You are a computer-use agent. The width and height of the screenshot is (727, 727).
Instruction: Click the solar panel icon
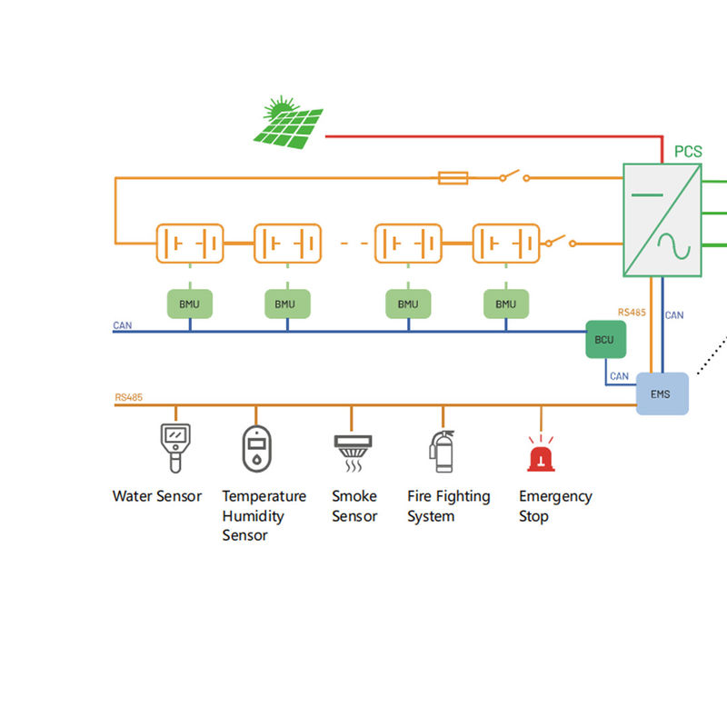pyautogui.click(x=290, y=124)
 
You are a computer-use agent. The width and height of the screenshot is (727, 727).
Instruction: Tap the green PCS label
pyautogui.click(x=688, y=151)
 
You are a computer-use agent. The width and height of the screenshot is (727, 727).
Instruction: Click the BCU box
pyautogui.click(x=604, y=340)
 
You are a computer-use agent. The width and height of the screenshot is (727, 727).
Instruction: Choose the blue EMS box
pyautogui.click(x=662, y=393)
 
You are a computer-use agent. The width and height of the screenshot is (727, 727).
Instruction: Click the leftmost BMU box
pyautogui.click(x=189, y=304)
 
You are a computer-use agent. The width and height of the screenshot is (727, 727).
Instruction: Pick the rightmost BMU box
pyautogui.click(x=505, y=304)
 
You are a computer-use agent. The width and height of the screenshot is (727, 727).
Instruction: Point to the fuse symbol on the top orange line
pyautogui.click(x=453, y=177)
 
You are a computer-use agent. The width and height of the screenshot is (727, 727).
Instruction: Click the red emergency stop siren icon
pyautogui.click(x=542, y=453)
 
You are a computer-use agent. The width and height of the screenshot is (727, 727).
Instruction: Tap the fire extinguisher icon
pyautogui.click(x=442, y=451)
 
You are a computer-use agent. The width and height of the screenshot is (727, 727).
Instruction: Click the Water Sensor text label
pyautogui.click(x=157, y=496)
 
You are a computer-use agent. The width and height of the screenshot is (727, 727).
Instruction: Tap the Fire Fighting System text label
pyautogui.click(x=448, y=506)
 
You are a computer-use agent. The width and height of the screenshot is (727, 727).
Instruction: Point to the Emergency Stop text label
pyautogui.click(x=555, y=506)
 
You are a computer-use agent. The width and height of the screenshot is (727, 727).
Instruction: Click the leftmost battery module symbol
pyautogui.click(x=189, y=244)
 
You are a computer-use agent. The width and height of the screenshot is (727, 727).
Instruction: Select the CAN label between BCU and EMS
pyautogui.click(x=619, y=375)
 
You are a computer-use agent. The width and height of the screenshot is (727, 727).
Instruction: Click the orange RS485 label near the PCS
pyautogui.click(x=632, y=312)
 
